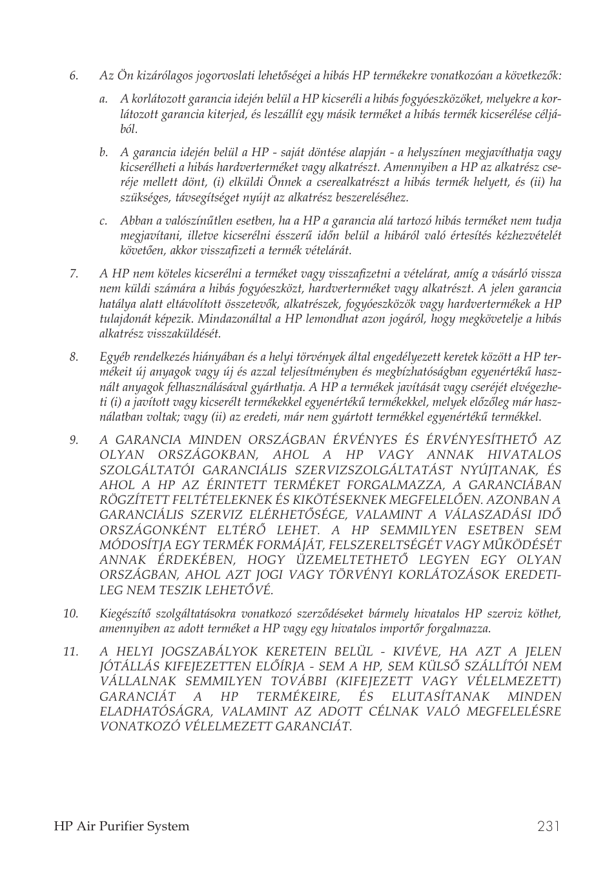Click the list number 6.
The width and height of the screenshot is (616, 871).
click(x=74, y=76)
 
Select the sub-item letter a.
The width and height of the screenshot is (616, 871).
click(x=103, y=99)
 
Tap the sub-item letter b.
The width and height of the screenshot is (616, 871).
click(x=103, y=153)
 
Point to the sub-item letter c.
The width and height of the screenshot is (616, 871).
click(x=103, y=221)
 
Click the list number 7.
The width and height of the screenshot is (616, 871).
click(x=74, y=274)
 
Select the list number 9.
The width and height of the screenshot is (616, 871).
click(x=74, y=441)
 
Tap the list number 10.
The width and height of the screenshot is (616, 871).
click(x=70, y=614)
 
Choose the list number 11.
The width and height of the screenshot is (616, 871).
click(x=70, y=652)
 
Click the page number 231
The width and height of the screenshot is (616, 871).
click(x=548, y=826)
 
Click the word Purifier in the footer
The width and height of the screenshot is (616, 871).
click(x=121, y=826)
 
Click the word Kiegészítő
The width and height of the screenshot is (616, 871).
click(x=124, y=614)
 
